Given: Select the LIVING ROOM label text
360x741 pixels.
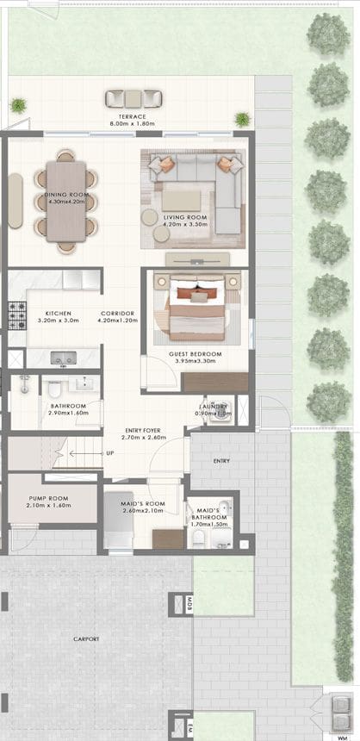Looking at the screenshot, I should click(x=185, y=217).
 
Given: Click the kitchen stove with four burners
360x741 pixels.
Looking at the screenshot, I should click(x=17, y=315).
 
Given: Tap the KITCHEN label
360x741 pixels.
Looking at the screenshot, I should click(x=59, y=314).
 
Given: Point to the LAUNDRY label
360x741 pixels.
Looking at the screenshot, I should click(x=213, y=407).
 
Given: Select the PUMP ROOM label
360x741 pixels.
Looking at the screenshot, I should click(x=50, y=497).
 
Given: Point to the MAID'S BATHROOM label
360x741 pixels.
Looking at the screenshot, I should click(x=208, y=514).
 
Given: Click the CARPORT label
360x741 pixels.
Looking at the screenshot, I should click(x=86, y=638).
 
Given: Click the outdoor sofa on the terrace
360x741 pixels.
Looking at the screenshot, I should click(x=134, y=98).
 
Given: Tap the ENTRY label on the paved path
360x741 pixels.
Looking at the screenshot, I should click(x=221, y=461).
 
